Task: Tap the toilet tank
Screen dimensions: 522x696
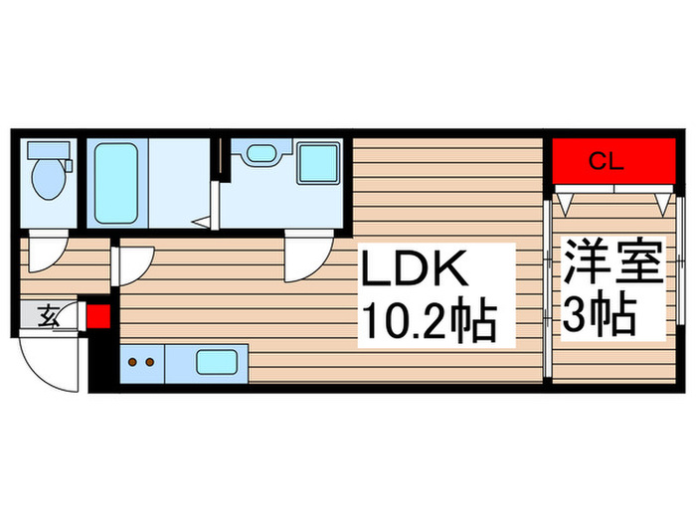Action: tap(46, 150)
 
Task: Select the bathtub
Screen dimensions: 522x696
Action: tap(115, 182)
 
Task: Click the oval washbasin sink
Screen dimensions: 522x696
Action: tap(261, 153)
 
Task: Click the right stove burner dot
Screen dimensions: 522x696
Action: tap(151, 362)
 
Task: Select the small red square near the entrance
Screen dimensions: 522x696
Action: tap(99, 318)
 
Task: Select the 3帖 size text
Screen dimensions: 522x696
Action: tap(602, 317)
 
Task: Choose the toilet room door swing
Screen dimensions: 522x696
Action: tap(45, 254)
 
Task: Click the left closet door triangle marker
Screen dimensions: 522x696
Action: tap(564, 204)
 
